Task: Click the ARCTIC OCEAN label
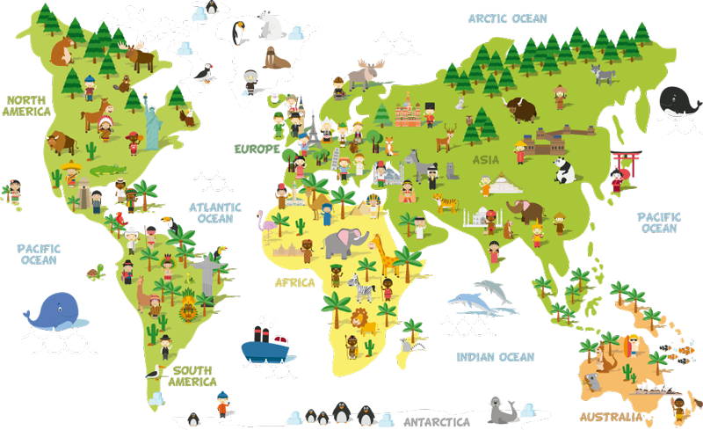pyautogui.click(x=507, y=18)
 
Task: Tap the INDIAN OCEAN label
pyautogui.click(x=495, y=356)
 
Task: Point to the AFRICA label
pyautogui.click(x=294, y=283)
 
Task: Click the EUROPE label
pyautogui.click(x=257, y=149)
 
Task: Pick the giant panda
pyautogui.click(x=562, y=170)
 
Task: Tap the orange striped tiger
pyautogui.click(x=446, y=204)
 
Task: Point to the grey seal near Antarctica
pyautogui.click(x=501, y=410)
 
